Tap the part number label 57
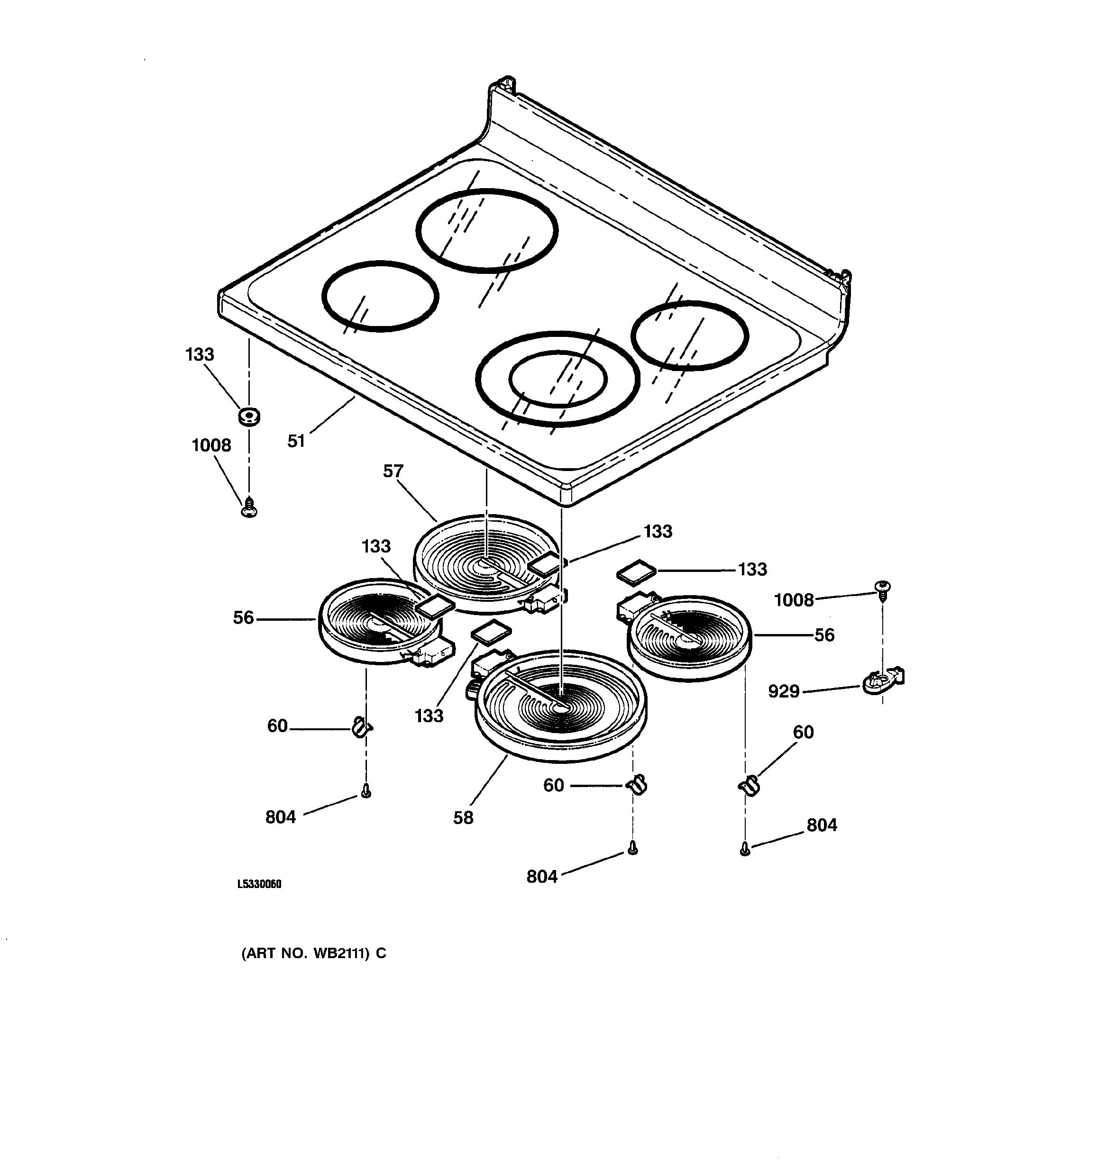pyautogui.click(x=393, y=471)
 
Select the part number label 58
pyautogui.click(x=463, y=818)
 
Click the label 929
pyautogui.click(x=784, y=691)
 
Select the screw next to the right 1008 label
pyautogui.click(x=882, y=589)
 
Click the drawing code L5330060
pyautogui.click(x=259, y=884)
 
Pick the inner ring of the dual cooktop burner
pyautogui.click(x=557, y=379)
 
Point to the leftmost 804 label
pyautogui.click(x=281, y=817)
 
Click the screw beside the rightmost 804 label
pyautogui.click(x=745, y=849)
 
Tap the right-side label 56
pyautogui.click(x=824, y=635)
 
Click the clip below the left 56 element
pyautogui.click(x=361, y=727)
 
